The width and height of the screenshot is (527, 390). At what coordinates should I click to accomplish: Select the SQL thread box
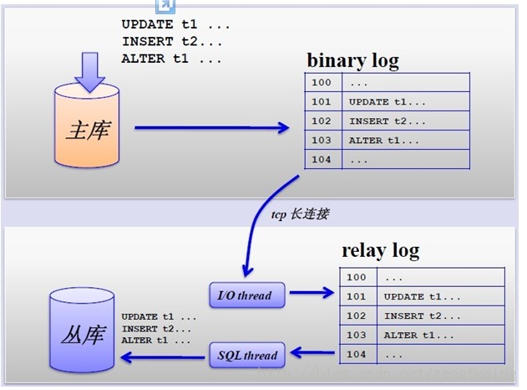[247, 355]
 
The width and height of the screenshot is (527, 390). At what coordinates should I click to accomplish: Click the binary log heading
[352, 60]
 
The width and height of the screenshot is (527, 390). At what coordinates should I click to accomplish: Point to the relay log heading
[380, 250]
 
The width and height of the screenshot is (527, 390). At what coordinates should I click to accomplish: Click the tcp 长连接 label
[298, 214]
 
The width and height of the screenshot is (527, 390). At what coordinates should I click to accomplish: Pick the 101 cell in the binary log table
[322, 102]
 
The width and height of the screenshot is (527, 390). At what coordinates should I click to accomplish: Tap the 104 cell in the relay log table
[357, 355]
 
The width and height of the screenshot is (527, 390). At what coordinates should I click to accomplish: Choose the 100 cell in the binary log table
[322, 83]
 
